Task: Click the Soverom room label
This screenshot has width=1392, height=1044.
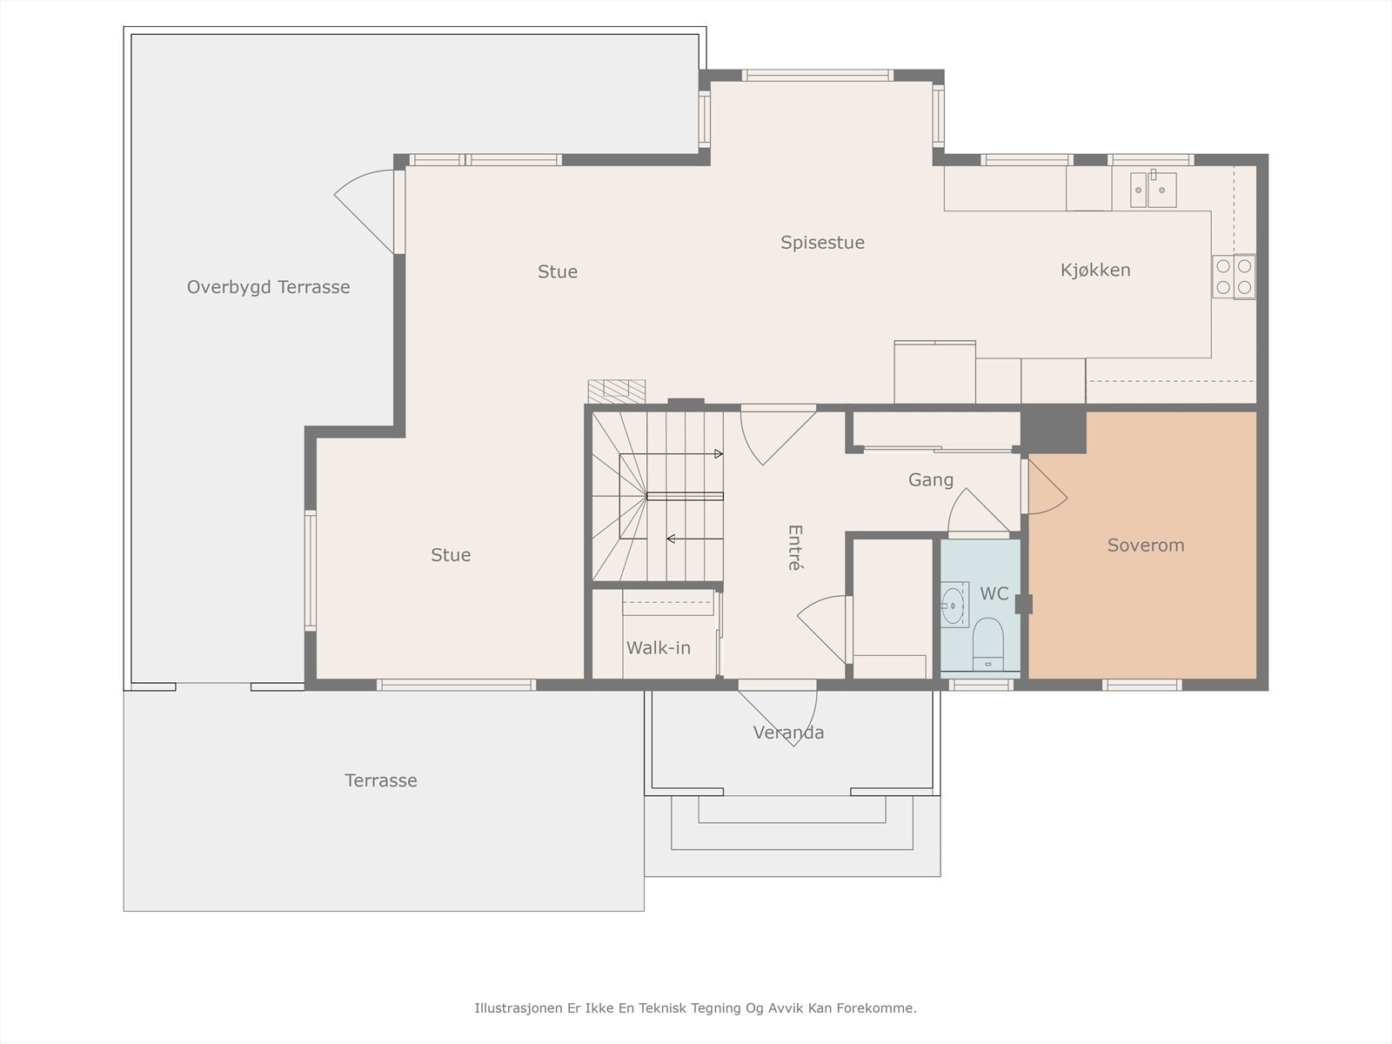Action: tap(1145, 545)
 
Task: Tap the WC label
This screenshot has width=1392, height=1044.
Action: tap(994, 593)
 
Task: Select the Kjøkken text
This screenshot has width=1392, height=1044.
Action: tap(1095, 270)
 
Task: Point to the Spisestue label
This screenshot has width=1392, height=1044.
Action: tap(822, 243)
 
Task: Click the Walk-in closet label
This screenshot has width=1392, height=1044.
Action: tap(659, 648)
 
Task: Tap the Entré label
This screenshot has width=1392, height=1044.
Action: tap(795, 548)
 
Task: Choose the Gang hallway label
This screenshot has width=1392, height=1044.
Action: tap(930, 480)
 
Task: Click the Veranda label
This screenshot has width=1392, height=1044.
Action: tap(788, 733)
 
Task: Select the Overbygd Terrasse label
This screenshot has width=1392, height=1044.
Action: tap(268, 287)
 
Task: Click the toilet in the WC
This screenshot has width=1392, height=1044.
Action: tap(987, 644)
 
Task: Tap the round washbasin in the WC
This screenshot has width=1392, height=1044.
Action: tap(953, 604)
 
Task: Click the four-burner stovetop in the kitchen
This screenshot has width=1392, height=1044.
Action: tap(1234, 277)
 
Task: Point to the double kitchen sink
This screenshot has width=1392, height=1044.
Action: tap(1153, 190)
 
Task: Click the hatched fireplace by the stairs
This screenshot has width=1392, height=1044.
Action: tap(617, 391)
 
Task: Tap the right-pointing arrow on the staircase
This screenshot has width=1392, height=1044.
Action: tap(672, 454)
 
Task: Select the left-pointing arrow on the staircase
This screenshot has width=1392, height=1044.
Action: tap(695, 539)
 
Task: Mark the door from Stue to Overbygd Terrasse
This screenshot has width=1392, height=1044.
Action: tap(365, 211)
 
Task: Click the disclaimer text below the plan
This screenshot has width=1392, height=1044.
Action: tap(695, 1007)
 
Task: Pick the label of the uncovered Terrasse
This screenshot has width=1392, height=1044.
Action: tap(380, 780)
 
